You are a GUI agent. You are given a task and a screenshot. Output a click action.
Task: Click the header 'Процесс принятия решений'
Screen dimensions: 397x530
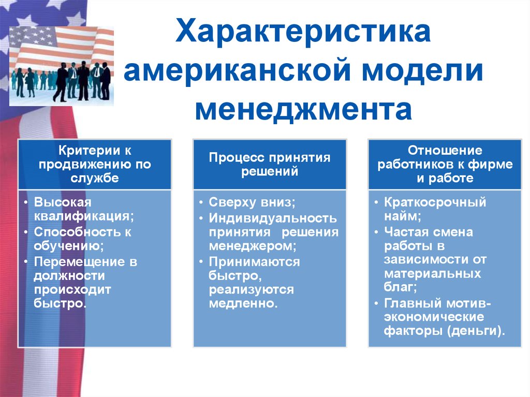[270, 165]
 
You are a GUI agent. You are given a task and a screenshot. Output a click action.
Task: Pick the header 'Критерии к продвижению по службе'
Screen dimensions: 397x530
[95, 165]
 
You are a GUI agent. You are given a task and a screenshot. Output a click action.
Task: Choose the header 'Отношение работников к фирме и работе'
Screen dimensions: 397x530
[445, 165]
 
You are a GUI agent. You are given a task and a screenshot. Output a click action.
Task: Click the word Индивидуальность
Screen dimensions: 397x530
[273, 218]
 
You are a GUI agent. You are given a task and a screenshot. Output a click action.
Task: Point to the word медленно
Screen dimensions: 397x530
[242, 303]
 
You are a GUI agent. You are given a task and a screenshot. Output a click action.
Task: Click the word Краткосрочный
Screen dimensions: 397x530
[435, 202]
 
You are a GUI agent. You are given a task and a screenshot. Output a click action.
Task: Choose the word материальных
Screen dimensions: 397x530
[432, 273]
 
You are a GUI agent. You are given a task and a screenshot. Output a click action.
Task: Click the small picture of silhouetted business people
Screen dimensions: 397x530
[62, 66]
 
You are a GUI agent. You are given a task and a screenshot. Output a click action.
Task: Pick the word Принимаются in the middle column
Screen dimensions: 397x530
[254, 261]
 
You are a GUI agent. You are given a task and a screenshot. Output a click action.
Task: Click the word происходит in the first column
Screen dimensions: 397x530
[72, 289]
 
